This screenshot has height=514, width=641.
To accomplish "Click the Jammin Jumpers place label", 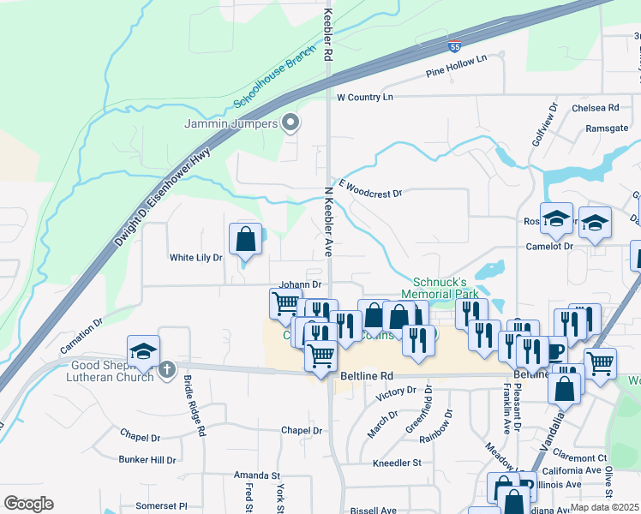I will click(231, 123).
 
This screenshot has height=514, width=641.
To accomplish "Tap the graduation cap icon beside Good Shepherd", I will click(143, 351).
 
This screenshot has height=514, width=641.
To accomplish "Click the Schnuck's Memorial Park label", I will click(445, 287).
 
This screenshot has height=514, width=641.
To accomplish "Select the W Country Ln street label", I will click(364, 98).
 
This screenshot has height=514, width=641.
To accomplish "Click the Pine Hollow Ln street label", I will click(456, 67).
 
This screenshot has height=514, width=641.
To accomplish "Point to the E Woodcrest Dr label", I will click(369, 189).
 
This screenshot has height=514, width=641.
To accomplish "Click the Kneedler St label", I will click(397, 463).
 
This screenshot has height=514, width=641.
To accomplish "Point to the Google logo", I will click(28, 504).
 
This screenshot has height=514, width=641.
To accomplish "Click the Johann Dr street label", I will click(300, 284).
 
